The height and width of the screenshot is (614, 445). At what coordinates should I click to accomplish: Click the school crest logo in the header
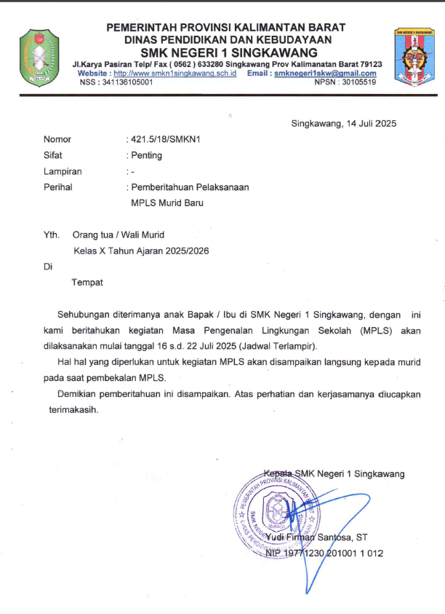pyautogui.click(x=414, y=55)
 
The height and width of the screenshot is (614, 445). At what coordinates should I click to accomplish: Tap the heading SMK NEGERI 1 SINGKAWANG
pyautogui.click(x=229, y=52)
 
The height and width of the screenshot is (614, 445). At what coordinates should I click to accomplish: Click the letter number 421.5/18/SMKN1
pyautogui.click(x=166, y=139)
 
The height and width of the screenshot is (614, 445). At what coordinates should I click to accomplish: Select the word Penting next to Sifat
pyautogui.click(x=147, y=155)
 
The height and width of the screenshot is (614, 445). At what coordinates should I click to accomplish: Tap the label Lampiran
pyautogui.click(x=63, y=171)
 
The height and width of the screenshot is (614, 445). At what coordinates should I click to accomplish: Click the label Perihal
pyautogui.click(x=58, y=187)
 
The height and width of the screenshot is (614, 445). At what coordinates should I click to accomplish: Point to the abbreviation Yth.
pyautogui.click(x=51, y=235)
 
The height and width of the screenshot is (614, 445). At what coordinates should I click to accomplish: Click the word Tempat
pyautogui.click(x=87, y=282)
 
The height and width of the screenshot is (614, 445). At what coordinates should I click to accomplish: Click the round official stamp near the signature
pyautogui.click(x=276, y=507)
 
